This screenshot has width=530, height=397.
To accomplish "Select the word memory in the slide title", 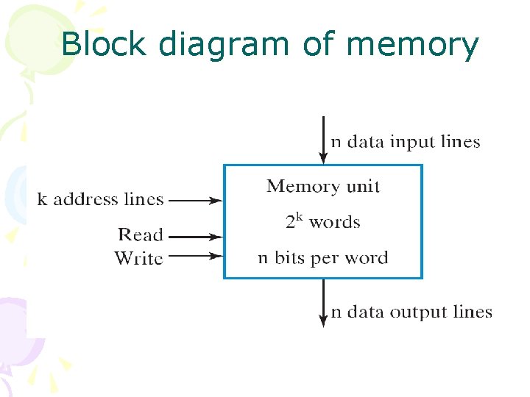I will (x=412, y=46).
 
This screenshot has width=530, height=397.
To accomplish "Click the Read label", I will (x=141, y=235).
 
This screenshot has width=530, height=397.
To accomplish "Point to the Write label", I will (x=138, y=257).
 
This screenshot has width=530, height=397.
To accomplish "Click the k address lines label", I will (x=100, y=199).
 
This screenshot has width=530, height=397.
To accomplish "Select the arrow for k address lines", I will (x=196, y=200).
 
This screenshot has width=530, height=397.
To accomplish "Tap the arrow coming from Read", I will (x=196, y=237).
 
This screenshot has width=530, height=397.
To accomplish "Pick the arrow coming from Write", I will (x=196, y=257).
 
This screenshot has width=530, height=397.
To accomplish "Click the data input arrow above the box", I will (x=322, y=140).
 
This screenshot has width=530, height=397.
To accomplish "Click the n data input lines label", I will (x=406, y=141).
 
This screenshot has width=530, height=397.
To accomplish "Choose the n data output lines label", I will (x=411, y=312).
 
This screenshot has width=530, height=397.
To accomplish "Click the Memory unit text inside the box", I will (x=323, y=186).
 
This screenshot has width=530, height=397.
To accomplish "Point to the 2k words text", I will (x=323, y=221).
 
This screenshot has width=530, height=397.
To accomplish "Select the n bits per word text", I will (x=323, y=258).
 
